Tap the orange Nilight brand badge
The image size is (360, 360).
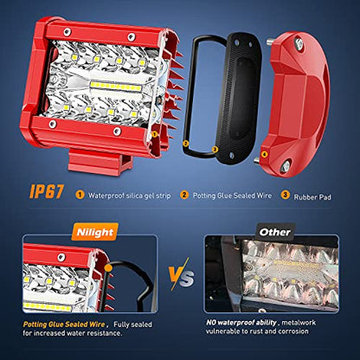pos(95,232)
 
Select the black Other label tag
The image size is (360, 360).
pos(275,232)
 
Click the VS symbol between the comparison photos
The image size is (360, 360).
pos(182,274)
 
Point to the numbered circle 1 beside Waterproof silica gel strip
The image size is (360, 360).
pos(80,195)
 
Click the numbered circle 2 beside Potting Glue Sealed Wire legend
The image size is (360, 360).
pos(184,195)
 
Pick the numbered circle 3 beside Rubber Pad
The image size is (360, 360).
pos(285,195)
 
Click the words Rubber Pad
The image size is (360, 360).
pos(312,197)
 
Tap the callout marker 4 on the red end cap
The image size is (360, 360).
pos(264,155)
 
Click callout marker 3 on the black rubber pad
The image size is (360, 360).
pos(215,149)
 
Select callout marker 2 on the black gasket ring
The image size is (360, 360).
pos(186,143)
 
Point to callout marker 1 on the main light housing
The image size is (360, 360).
pos(154,134)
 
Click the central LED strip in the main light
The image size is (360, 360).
pos(115,87)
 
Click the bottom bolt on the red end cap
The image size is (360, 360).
pos(285,166)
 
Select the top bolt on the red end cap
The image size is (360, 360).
pos(299,43)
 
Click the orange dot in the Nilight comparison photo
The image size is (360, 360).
pos(108,268)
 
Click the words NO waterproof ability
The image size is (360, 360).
pos(241,322)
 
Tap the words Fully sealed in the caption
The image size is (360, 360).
pos(132,325)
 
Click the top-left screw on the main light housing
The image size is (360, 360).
pos(67,32)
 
